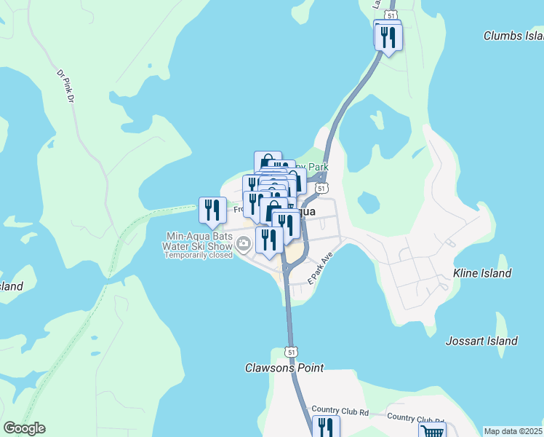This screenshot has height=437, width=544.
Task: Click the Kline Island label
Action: point(482,273)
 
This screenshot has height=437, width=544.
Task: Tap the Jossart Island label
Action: point(481,341)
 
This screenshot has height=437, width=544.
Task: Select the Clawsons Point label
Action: point(284,368)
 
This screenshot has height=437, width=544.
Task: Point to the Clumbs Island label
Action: point(513,36)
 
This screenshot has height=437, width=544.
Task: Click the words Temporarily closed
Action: point(199,255)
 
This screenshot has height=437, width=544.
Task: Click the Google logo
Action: point(24,428)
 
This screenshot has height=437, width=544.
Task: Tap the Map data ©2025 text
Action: point(513,431)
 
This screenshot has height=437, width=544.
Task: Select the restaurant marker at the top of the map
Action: point(389,36)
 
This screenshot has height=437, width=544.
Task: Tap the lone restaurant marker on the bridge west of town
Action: point(212,210)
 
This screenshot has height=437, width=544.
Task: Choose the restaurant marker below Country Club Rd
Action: point(326,427)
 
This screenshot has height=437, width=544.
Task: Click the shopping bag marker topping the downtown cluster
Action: point(267,161)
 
